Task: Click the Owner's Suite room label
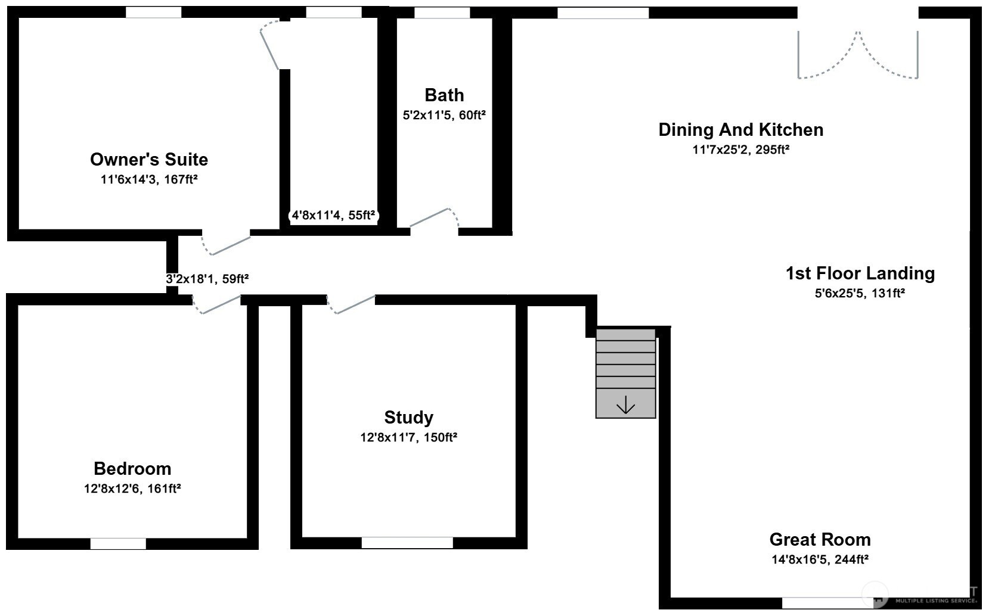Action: (149, 160)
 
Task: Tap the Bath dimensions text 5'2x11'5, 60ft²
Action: (444, 115)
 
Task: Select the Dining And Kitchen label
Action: (740, 130)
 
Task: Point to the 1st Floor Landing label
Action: (860, 273)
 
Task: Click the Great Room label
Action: (820, 540)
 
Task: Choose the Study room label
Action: (408, 418)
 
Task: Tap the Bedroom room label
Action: (132, 469)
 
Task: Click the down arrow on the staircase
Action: (625, 406)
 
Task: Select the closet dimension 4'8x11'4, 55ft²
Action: (334, 216)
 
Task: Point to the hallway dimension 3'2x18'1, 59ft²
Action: (207, 278)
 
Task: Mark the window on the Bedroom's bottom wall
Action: (118, 543)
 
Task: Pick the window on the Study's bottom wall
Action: (407, 543)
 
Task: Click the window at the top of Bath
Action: (442, 13)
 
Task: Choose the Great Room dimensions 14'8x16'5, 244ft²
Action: (820, 559)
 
